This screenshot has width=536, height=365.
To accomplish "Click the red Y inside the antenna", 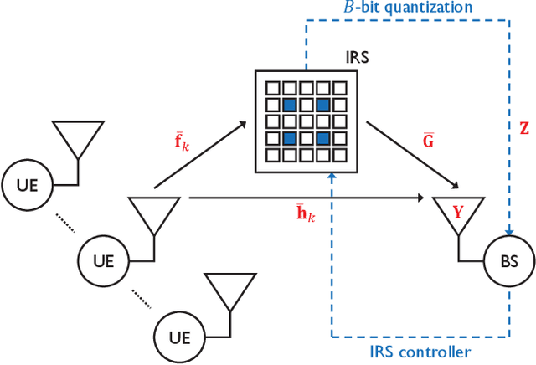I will click(x=457, y=212).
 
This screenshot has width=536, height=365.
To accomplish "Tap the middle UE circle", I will click(x=101, y=259).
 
